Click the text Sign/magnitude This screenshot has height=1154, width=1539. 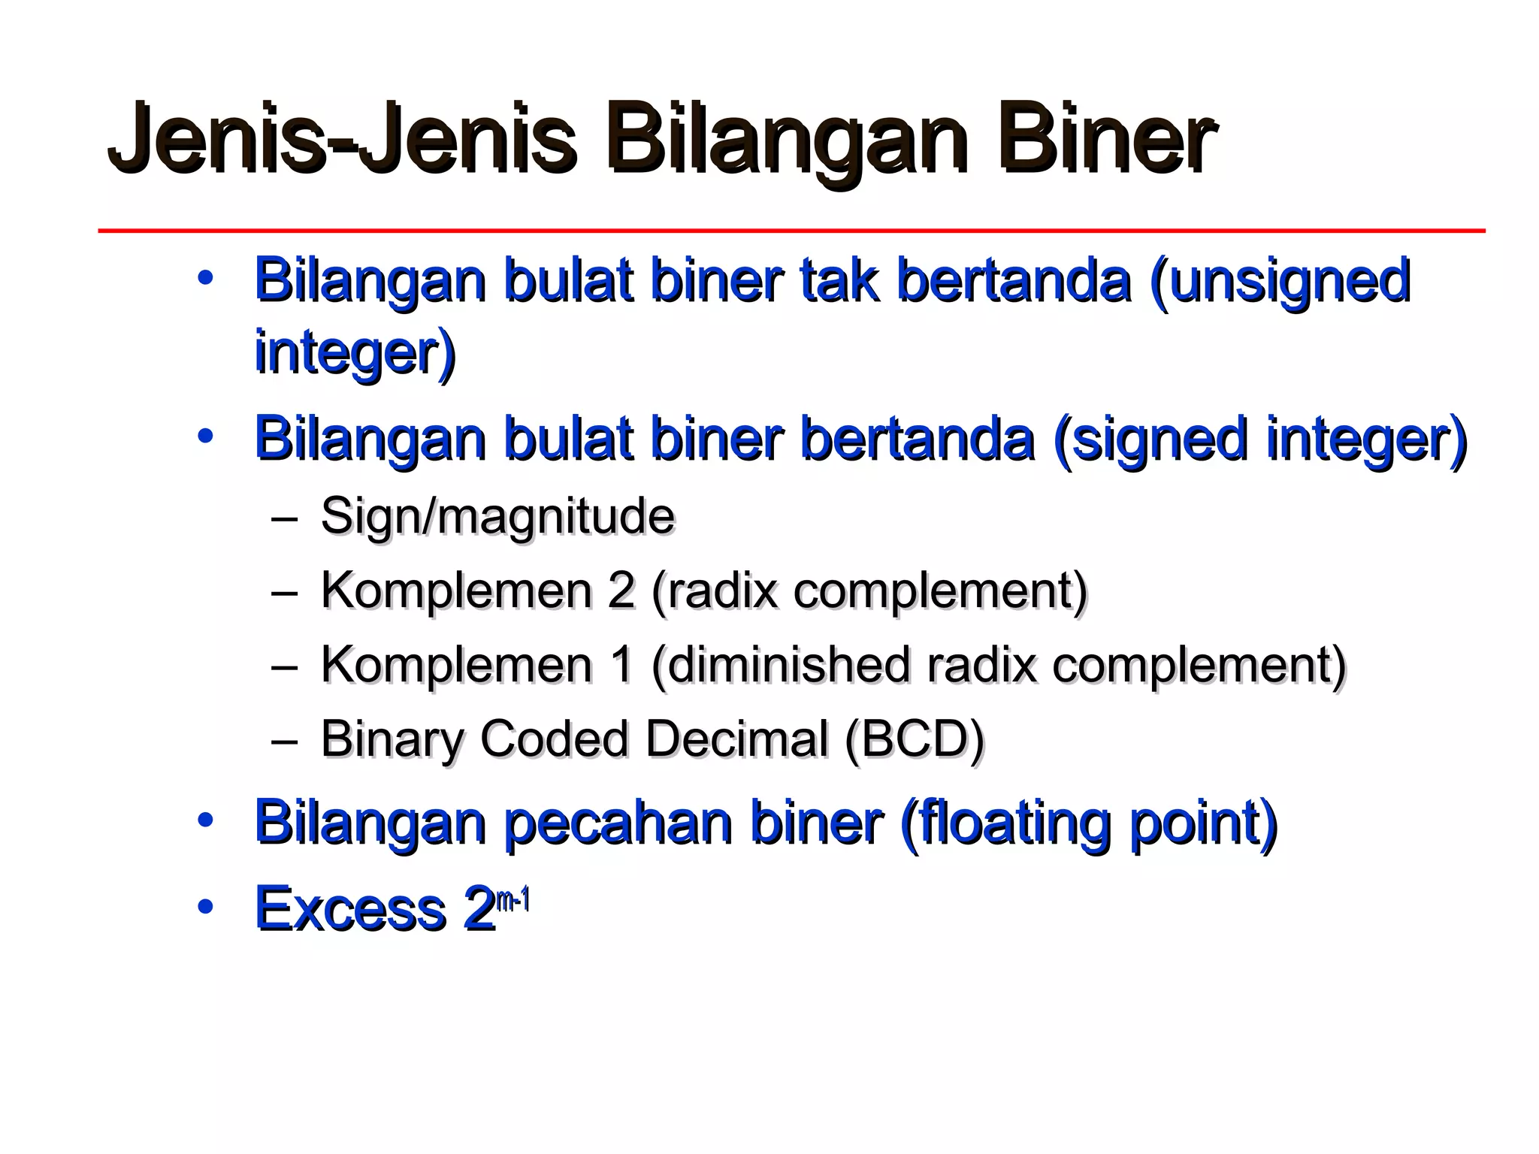tap(497, 516)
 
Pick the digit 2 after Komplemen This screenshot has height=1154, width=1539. tap(621, 590)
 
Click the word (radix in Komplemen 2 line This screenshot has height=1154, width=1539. tap(714, 591)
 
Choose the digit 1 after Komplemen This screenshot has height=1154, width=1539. tap(621, 665)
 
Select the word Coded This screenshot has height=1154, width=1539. tap(553, 739)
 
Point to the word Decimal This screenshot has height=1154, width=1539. tap(736, 739)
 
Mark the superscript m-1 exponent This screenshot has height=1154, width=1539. tap(513, 899)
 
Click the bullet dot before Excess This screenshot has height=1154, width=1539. tap(205, 907)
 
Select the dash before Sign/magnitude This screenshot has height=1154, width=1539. tap(285, 518)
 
